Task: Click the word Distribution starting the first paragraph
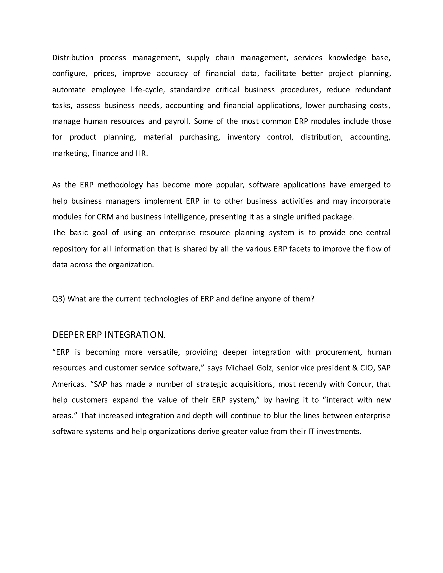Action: [x=73, y=58]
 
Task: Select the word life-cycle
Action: [x=148, y=90]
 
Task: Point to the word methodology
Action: [x=120, y=185]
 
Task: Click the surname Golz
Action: [x=265, y=368]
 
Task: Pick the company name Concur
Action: [x=360, y=384]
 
